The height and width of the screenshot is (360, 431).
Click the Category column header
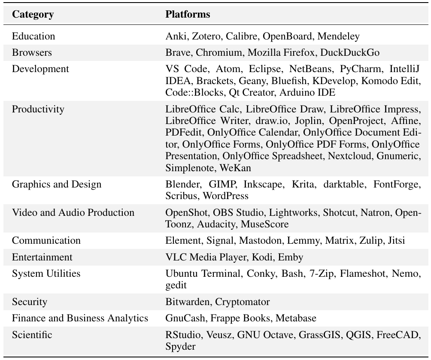coord(33,14)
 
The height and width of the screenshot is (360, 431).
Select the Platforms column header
coord(188,14)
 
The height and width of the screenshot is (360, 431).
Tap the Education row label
coord(33,36)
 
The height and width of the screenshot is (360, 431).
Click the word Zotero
coord(204,36)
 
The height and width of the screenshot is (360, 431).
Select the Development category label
coord(40,69)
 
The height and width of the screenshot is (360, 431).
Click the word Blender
coord(183,185)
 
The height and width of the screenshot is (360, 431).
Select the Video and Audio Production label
coord(73,212)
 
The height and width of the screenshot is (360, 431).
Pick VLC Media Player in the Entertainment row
coord(205,257)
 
